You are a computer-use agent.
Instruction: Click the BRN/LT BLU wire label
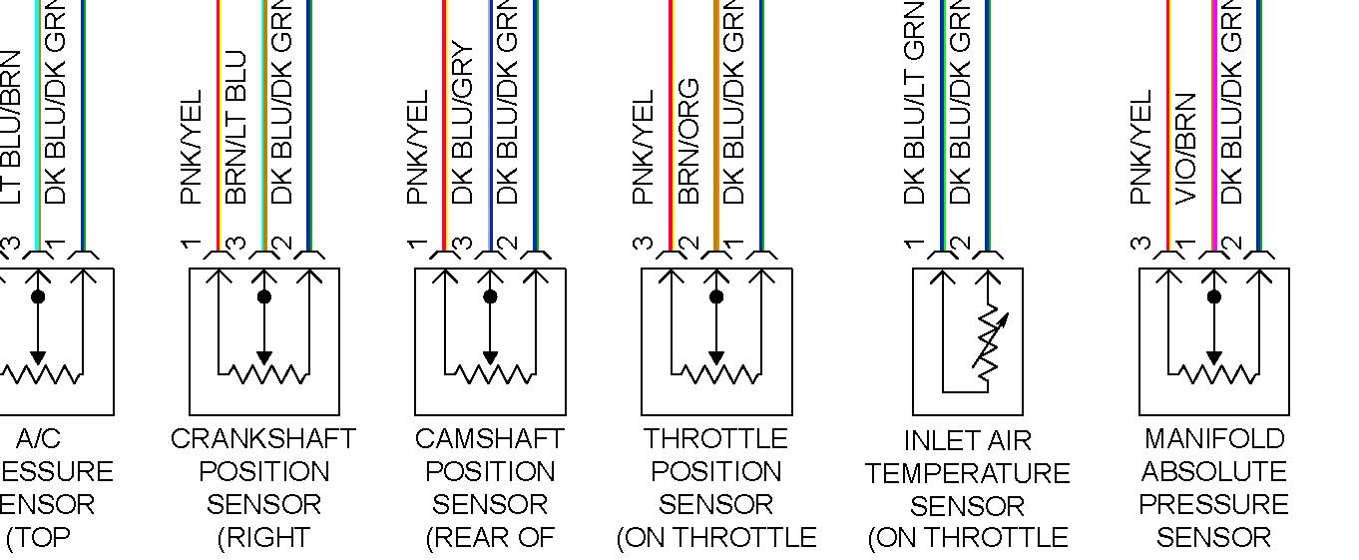coord(236,128)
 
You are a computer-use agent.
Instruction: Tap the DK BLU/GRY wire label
coord(462,123)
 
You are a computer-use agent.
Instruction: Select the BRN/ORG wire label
coord(688,142)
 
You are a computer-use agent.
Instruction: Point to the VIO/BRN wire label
coord(1186,148)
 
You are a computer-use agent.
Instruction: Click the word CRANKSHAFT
coord(263,439)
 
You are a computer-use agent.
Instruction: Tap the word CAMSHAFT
coord(489,439)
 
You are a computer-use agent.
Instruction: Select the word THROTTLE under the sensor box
coord(715,439)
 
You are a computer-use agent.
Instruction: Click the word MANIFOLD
coord(1213,439)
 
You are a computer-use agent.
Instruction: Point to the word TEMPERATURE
coord(967,473)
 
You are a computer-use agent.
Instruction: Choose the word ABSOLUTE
coord(1213,472)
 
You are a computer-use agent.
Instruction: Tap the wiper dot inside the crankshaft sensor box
coord(263,296)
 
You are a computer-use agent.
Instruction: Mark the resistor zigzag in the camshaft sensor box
coord(490,374)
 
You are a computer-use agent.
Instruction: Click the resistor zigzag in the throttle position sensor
coord(716,374)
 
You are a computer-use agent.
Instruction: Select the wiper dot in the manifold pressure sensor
coord(1213,296)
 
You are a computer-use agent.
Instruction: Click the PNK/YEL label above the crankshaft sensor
coord(192,148)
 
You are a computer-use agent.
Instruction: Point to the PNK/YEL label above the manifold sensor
coord(1141,148)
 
